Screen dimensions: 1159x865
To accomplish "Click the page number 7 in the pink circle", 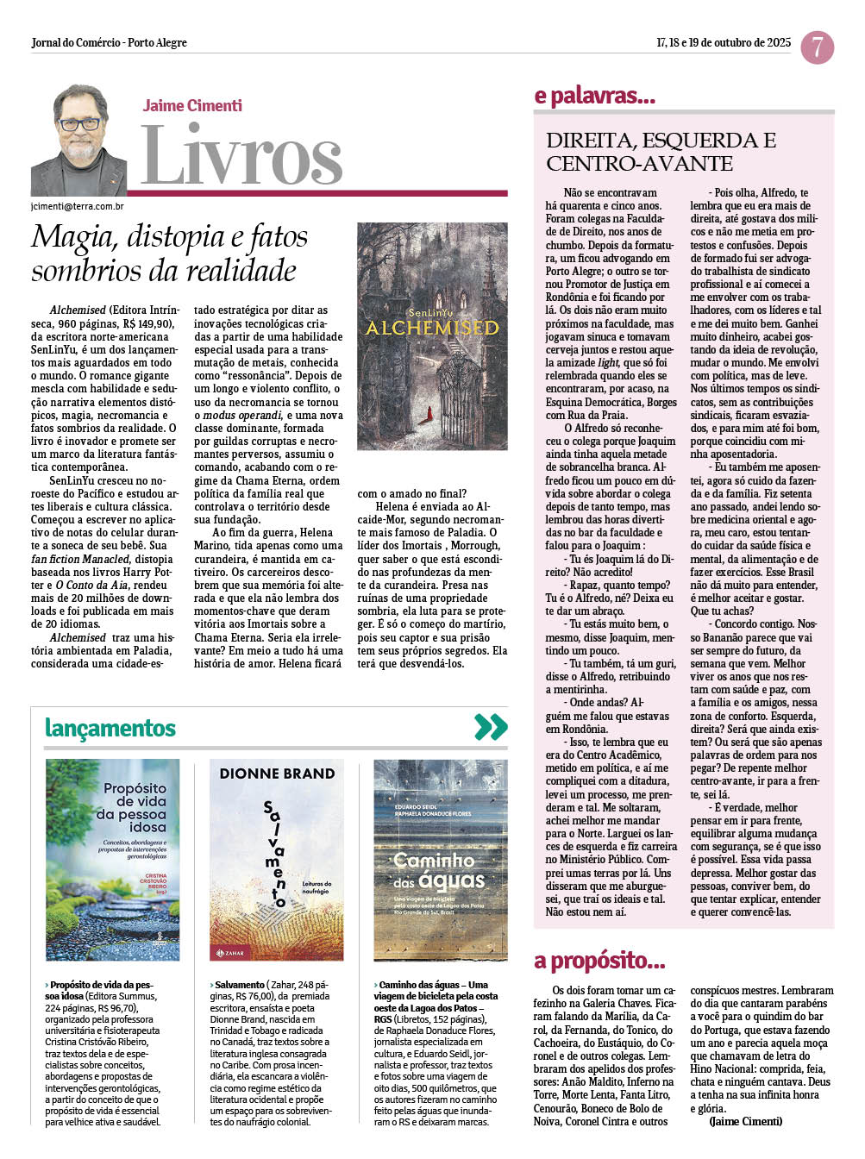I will coord(817,47).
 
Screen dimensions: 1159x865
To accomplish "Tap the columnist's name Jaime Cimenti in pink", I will coord(192,106).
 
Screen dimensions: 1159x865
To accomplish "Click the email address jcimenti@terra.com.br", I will coord(78,207).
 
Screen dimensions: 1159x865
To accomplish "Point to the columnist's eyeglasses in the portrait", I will coord(80,124).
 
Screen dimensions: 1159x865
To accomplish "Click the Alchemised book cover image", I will coord(432,336).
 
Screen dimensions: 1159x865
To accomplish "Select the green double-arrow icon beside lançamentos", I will coord(491,727).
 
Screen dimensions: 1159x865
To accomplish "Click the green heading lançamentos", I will coord(110,729).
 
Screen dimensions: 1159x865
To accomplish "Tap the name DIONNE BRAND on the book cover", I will coord(277,774).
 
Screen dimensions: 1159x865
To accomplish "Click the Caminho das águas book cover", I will coord(440,860).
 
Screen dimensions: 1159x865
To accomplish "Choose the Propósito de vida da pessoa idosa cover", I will coord(112,860).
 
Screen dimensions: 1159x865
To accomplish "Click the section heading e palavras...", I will coord(595,96).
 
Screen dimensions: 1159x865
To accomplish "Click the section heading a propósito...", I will coord(599,961).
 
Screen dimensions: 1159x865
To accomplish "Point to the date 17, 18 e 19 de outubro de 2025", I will coord(723,42).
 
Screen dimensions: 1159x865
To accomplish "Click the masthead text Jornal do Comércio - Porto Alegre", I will coord(109,42).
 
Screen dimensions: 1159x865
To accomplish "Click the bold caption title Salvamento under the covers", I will coord(240,985).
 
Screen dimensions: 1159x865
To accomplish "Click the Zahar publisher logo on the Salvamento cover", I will coord(229,952).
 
